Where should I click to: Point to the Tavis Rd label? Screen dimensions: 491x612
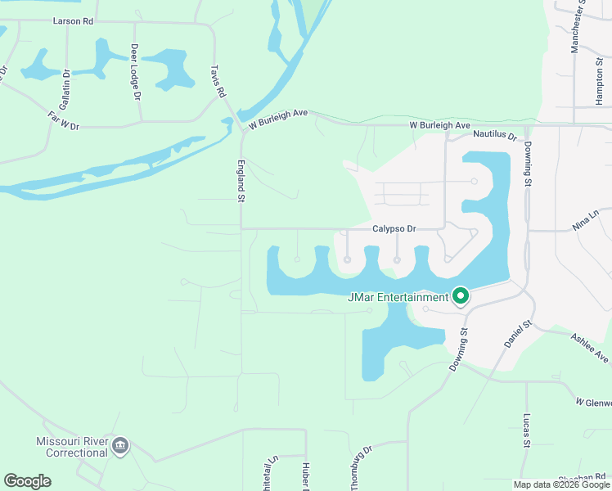tap(217, 82)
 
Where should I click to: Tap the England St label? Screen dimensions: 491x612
tap(242, 181)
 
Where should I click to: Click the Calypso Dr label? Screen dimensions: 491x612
tap(394, 229)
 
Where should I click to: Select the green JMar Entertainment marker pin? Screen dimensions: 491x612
tap(461, 296)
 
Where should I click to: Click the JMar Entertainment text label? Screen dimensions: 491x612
tap(398, 297)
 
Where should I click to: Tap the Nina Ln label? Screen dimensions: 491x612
tap(587, 219)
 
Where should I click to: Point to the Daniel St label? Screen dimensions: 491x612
tap(519, 336)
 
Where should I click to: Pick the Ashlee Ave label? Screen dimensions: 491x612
tap(589, 348)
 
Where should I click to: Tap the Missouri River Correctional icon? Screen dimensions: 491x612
tap(120, 446)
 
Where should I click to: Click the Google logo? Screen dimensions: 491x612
tap(27, 481)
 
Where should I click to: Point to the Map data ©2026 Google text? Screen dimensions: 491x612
tap(560, 484)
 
